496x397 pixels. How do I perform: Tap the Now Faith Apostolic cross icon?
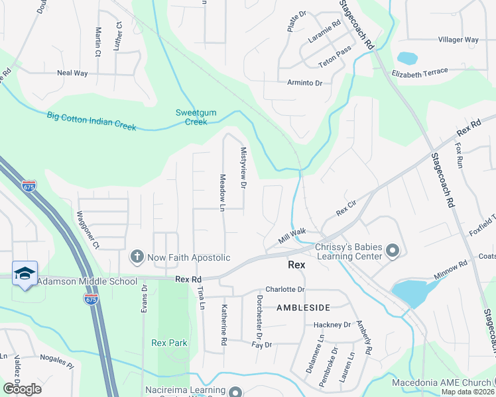click(137, 256)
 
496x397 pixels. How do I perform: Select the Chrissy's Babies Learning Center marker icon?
click(392, 250)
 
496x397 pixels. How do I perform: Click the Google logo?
click(22, 389)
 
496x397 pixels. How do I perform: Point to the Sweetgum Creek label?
click(196, 117)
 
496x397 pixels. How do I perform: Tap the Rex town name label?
click(296, 264)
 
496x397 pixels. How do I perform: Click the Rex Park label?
click(169, 343)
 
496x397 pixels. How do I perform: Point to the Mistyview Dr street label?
click(243, 168)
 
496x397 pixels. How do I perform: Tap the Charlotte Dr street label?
click(284, 290)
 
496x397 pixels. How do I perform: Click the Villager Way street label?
click(458, 40)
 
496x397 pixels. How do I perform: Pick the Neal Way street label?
click(72, 73)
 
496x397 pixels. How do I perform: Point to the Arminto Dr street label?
click(304, 83)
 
